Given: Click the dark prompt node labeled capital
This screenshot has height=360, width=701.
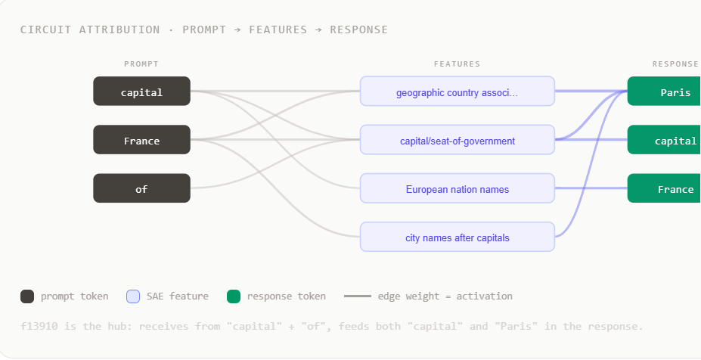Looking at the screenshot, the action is point(141,92).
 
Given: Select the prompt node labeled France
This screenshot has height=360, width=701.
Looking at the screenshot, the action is point(141,139).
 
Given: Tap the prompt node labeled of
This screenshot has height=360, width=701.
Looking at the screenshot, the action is point(141,188).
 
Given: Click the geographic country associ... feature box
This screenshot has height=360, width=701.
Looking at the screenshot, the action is point(458,92).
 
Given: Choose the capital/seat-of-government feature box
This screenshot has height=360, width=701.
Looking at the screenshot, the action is point(458,139).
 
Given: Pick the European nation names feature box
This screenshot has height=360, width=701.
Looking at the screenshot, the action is point(458,188).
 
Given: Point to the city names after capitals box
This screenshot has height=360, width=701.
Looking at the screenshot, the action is point(458,237).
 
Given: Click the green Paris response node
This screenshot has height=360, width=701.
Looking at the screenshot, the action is point(665,92).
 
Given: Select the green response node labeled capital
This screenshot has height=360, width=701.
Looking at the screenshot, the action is point(665,139).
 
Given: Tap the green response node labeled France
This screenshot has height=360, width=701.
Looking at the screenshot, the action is point(665,188).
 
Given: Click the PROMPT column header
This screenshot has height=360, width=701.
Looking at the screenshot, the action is point(141,64).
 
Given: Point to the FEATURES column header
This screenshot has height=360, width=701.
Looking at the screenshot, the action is point(457,64).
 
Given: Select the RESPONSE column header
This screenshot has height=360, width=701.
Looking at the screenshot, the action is point(675,64).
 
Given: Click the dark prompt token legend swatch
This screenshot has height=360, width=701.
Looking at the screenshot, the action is point(27,296).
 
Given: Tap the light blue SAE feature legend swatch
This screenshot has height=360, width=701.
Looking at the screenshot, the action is point(133,296).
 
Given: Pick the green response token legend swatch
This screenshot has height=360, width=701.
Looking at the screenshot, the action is point(234,296).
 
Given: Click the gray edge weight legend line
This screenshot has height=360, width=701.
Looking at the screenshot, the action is point(358,296).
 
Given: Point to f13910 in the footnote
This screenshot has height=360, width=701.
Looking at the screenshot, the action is point(39,326).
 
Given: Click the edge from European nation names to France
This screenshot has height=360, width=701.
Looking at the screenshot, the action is point(591,188).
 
